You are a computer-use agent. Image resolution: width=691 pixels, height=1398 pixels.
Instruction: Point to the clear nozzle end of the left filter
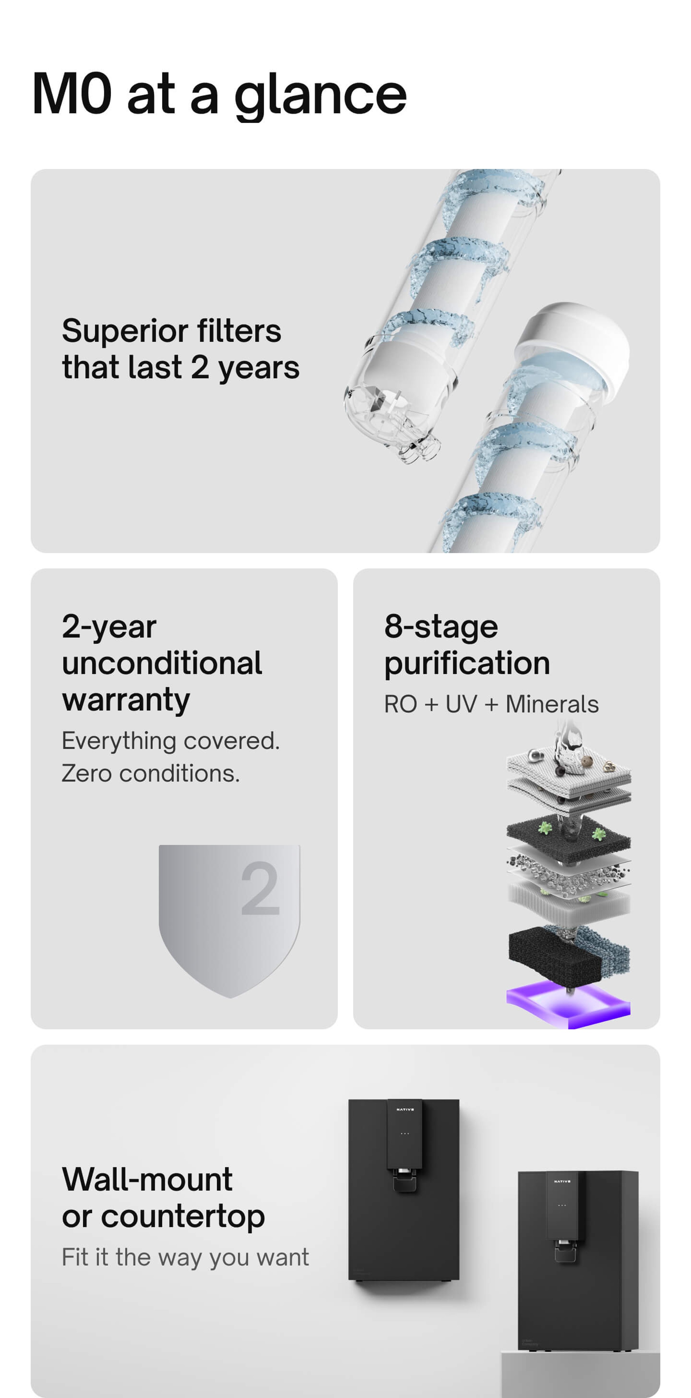(x=418, y=448)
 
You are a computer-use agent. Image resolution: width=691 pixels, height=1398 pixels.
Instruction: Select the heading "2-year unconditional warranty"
(x=162, y=663)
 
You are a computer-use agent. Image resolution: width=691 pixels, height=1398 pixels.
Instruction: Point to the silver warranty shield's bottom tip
(x=230, y=998)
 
